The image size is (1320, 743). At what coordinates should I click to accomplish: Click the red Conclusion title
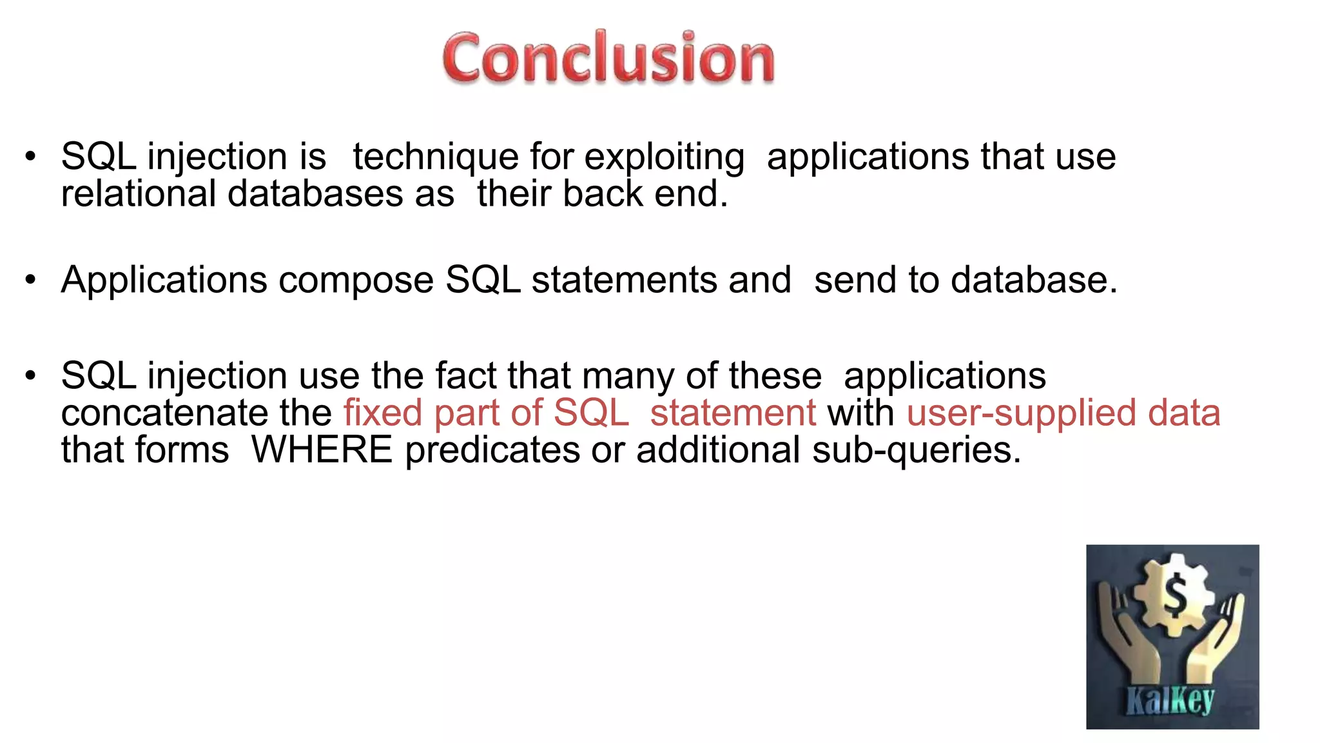click(x=608, y=58)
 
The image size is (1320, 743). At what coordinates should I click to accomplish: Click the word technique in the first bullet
click(x=436, y=157)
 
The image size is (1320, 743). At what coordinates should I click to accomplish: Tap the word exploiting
click(x=664, y=157)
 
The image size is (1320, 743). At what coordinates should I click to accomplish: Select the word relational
click(x=138, y=193)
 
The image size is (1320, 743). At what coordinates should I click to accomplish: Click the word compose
click(x=356, y=281)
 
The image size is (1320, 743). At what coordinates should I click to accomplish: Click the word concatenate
click(x=164, y=413)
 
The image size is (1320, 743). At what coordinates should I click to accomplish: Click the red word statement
click(x=733, y=413)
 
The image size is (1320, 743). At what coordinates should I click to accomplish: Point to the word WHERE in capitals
click(x=322, y=450)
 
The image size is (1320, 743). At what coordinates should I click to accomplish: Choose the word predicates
click(x=492, y=450)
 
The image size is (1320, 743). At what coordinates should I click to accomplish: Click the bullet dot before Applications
click(x=30, y=280)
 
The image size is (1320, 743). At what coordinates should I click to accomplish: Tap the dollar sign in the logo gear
click(x=1174, y=594)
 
